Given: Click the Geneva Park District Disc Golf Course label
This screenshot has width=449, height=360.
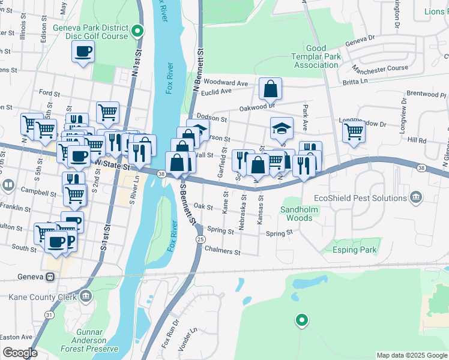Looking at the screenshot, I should click(x=91, y=32).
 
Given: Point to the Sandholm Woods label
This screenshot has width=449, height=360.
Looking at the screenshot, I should click(x=296, y=214).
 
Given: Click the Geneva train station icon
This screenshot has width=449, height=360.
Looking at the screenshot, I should click(x=51, y=277).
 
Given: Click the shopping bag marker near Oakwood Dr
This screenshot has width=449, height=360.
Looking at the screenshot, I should click(x=271, y=89).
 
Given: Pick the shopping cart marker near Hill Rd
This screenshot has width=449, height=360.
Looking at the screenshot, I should click(x=354, y=131).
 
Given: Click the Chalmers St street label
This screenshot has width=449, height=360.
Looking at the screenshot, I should click(x=222, y=251).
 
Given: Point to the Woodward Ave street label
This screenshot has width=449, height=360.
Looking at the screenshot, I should click(x=226, y=83).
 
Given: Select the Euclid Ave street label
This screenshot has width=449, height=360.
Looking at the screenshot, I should click(x=217, y=92).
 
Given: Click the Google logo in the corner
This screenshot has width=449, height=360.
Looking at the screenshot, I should click(x=19, y=353).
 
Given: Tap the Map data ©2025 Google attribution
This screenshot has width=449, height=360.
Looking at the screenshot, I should click(x=411, y=355).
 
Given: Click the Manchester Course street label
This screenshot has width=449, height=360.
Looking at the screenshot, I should click(x=379, y=68).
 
